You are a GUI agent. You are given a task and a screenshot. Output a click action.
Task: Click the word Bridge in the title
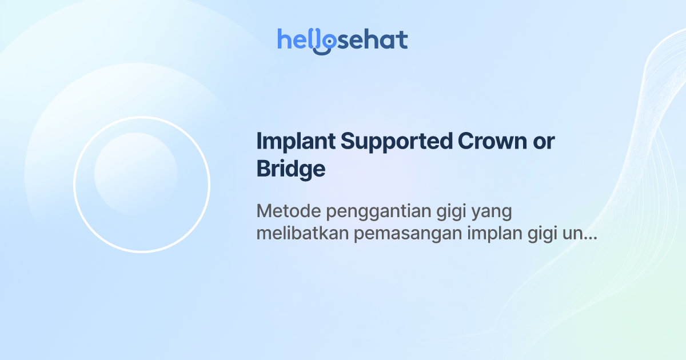291,170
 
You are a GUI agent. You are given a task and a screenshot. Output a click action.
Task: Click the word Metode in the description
288,211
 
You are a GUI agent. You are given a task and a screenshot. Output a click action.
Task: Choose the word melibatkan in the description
303,234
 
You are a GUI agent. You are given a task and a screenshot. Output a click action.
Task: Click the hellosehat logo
342,41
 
